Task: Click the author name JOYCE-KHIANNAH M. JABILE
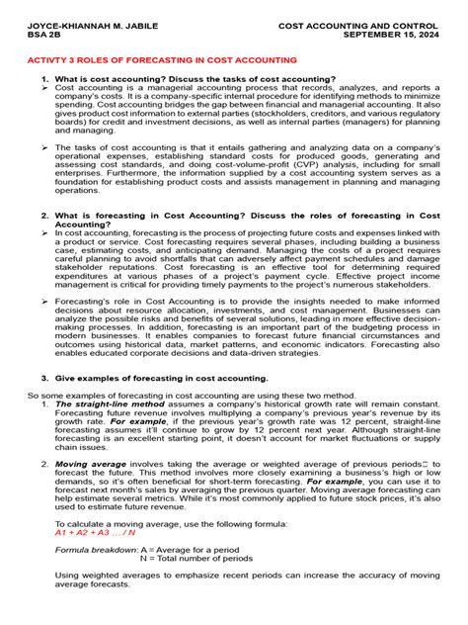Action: click(x=73, y=21)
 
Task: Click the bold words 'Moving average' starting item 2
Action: click(x=85, y=463)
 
